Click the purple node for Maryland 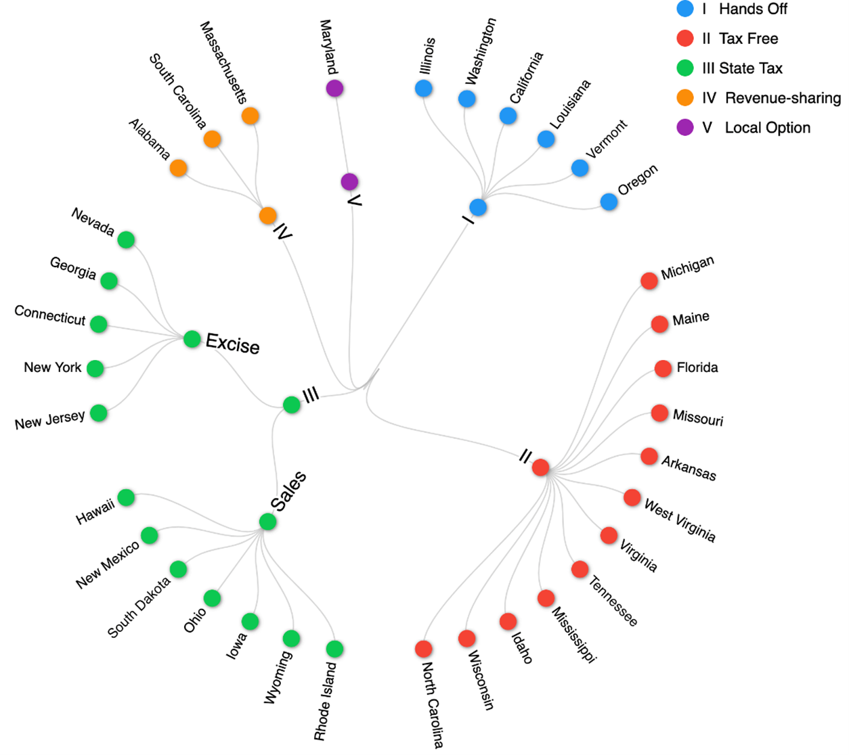(x=334, y=88)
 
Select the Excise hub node (x=192, y=338)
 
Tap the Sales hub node (x=267, y=522)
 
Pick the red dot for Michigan (x=649, y=281)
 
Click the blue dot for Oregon (x=609, y=202)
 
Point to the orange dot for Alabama (x=179, y=168)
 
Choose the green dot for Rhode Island (x=334, y=649)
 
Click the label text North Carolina (x=433, y=704)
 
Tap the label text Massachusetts (x=224, y=62)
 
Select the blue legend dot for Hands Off (x=685, y=9)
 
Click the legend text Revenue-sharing (x=783, y=98)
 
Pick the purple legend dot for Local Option (x=685, y=127)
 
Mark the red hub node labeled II (x=540, y=467)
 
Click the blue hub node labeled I (x=478, y=207)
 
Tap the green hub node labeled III (x=292, y=405)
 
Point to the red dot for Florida (x=663, y=369)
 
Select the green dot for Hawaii (x=127, y=497)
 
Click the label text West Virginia (x=680, y=520)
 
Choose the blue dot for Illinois (x=424, y=88)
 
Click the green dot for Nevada (x=127, y=239)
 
